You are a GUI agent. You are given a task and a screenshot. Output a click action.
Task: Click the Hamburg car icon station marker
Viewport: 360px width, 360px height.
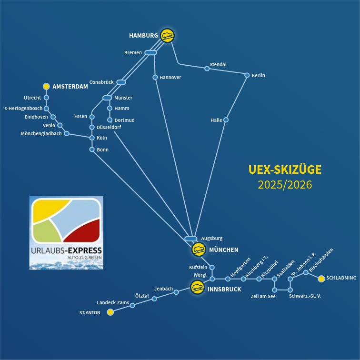click(167, 35)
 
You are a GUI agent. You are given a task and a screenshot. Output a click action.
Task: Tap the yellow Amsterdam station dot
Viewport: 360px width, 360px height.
click(46, 86)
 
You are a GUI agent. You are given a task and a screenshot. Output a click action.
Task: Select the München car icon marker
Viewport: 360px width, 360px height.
click(199, 250)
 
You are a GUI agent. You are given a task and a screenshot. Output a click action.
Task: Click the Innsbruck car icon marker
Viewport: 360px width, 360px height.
click(197, 287)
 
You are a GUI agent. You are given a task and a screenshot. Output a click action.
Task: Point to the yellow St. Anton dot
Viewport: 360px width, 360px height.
click(110, 312)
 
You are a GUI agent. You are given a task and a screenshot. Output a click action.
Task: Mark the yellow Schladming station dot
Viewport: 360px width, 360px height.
click(321, 278)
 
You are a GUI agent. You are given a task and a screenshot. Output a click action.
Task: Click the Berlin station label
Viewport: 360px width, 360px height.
click(259, 75)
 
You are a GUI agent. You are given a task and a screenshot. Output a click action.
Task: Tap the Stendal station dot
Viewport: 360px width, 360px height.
click(207, 69)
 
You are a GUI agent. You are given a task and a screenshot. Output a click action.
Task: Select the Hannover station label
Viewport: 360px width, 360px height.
click(170, 77)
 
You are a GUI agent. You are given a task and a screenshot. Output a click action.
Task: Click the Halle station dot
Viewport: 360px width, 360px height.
click(226, 120)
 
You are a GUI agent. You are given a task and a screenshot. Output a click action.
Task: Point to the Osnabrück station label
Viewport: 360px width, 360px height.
click(101, 82)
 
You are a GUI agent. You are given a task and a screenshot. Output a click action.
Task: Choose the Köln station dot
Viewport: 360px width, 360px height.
click(92, 138)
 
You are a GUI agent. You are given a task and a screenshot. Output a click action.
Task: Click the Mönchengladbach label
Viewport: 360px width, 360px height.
click(41, 134)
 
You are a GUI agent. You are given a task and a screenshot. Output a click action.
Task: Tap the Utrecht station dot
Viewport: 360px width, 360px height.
click(46, 98)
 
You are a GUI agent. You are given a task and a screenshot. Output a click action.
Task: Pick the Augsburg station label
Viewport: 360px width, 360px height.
click(211, 238)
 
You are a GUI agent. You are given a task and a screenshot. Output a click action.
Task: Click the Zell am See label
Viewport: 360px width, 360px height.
click(263, 297)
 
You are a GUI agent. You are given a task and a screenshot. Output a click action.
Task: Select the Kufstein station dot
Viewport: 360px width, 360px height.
click(212, 268)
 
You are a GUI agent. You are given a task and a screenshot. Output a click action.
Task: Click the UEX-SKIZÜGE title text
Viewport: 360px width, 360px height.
click(285, 170)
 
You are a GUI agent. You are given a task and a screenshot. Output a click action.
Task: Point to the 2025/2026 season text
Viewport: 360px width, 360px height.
click(285, 185)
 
